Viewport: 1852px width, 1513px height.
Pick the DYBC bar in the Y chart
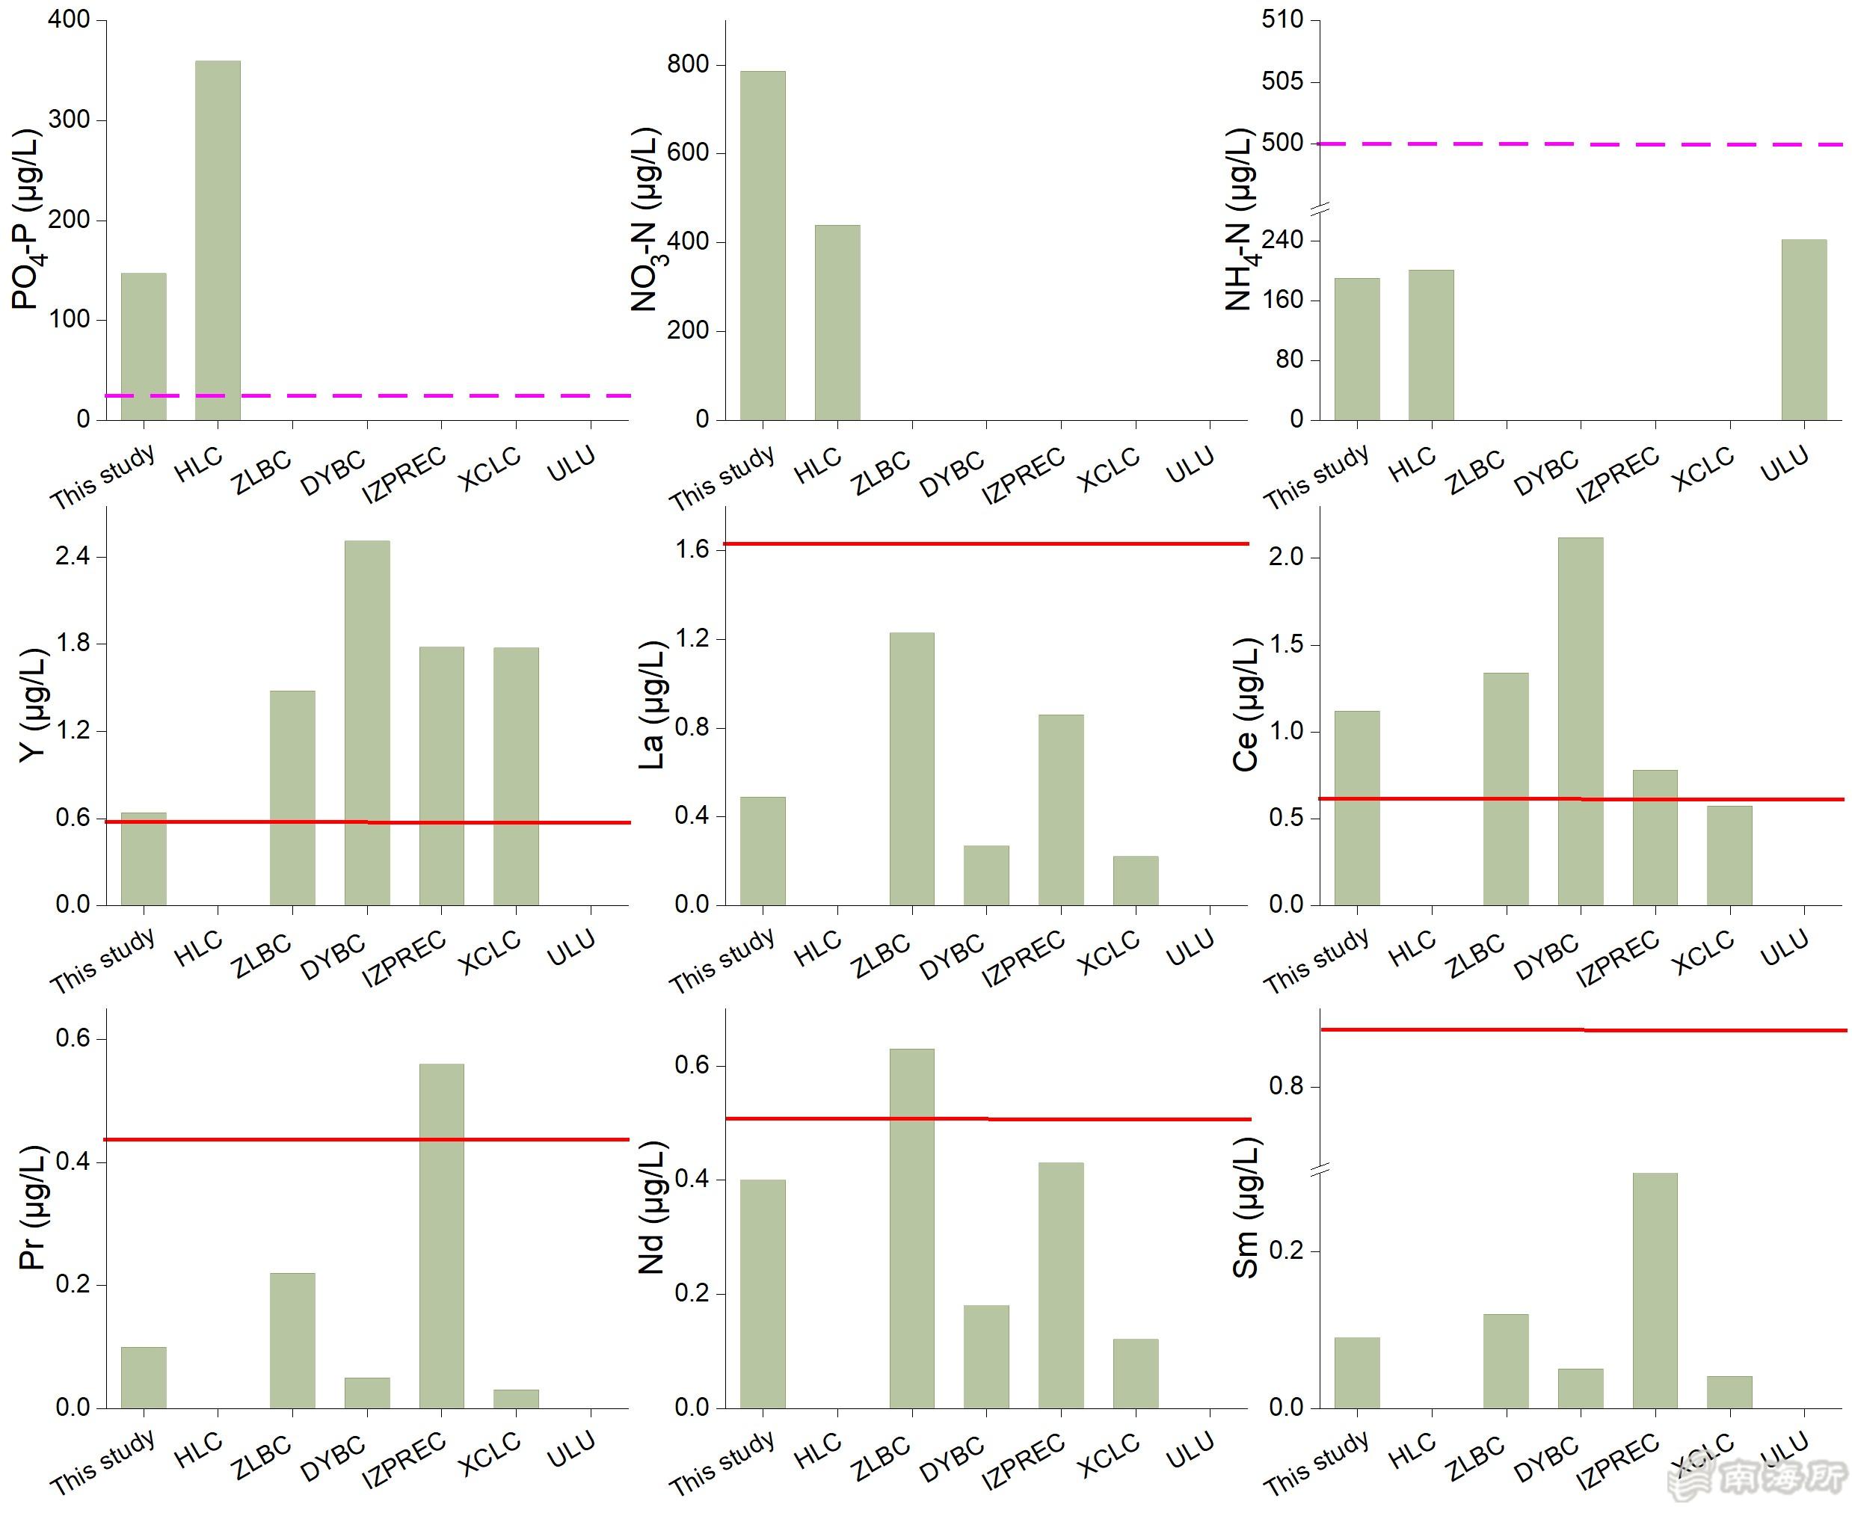pyautogui.click(x=367, y=723)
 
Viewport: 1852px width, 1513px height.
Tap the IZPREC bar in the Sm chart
pyautogui.click(x=1654, y=1291)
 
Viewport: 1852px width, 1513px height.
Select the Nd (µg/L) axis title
pyautogui.click(x=651, y=1208)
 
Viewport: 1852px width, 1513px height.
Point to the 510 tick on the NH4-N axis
pyautogui.click(x=1282, y=19)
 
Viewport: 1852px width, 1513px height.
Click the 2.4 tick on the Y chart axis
pyautogui.click(x=73, y=556)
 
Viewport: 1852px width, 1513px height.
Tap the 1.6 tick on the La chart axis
pyautogui.click(x=692, y=549)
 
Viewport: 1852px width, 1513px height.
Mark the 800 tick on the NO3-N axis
pyautogui.click(x=689, y=64)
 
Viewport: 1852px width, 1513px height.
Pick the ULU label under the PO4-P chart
pyautogui.click(x=570, y=463)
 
